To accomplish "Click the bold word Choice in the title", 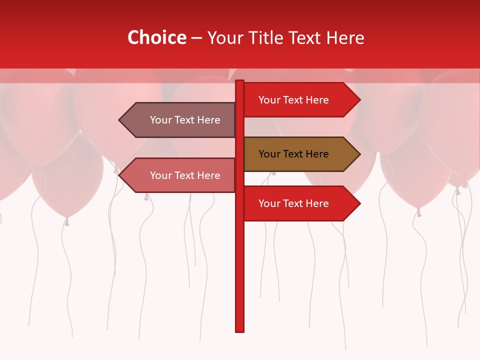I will click(157, 38).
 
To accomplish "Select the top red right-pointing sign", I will click(295, 100).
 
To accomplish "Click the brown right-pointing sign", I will click(295, 154).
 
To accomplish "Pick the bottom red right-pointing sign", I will click(295, 203).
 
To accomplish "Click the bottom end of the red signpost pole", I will click(240, 329).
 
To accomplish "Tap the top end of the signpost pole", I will click(240, 82).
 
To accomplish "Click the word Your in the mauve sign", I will click(161, 120).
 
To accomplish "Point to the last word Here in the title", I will click(345, 38).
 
